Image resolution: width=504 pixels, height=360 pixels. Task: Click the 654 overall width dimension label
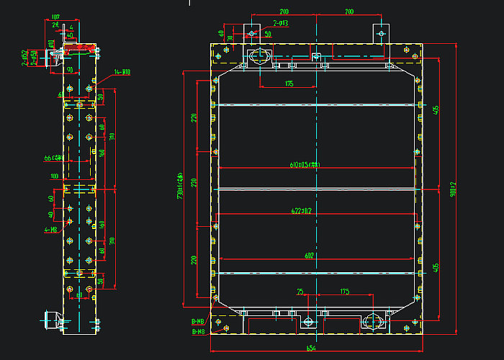tap(311, 348)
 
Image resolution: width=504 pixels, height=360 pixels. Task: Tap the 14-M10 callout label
tap(122, 72)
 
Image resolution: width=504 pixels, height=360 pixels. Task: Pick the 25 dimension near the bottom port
tap(300, 292)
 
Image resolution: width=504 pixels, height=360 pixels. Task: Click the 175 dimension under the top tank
tap(289, 84)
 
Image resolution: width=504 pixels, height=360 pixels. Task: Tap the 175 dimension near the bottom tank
tap(344, 292)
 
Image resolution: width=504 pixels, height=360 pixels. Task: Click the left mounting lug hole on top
tap(253, 32)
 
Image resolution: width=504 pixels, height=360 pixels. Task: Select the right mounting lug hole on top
tap(381, 32)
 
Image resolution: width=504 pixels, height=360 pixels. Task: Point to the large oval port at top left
tap(258, 55)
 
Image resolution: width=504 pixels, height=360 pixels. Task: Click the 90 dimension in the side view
tap(71, 70)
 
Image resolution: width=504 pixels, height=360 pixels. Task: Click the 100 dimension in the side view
tap(54, 176)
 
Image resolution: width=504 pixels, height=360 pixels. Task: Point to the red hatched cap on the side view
tap(81, 48)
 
